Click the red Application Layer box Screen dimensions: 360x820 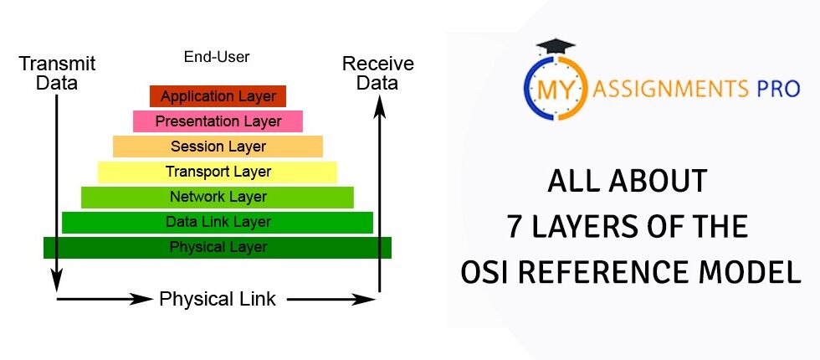click(x=218, y=96)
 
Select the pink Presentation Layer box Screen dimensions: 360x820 click(x=218, y=121)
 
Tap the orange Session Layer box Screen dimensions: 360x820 click(x=218, y=147)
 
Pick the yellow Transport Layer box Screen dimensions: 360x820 click(x=218, y=172)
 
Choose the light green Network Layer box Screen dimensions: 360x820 click(x=218, y=197)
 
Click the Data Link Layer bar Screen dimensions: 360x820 click(x=218, y=222)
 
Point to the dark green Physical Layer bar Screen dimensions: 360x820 click(x=218, y=247)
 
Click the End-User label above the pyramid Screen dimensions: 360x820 click(x=217, y=58)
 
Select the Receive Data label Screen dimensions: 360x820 click(x=378, y=74)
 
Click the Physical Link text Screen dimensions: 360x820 click(x=218, y=299)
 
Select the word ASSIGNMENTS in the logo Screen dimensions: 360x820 click(x=674, y=88)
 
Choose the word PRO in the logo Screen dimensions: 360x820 click(x=778, y=88)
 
